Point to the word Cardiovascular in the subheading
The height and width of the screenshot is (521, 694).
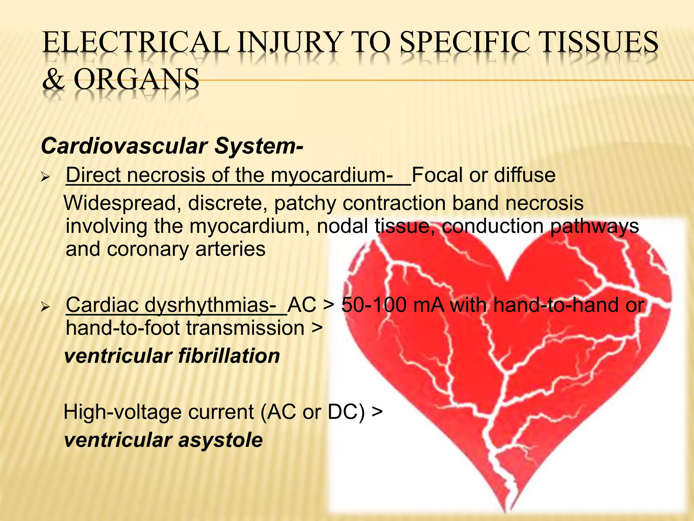coord(124,146)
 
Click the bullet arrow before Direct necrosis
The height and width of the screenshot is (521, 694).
coord(45,177)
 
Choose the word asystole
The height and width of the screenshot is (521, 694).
coord(220,440)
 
